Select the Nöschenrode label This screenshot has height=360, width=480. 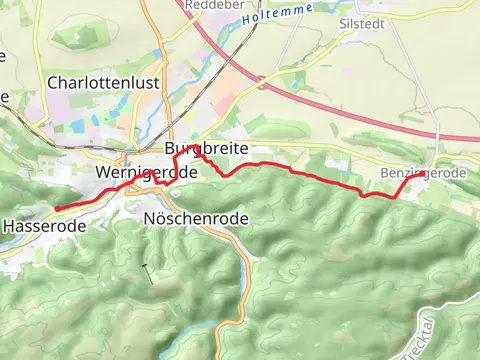click(x=196, y=218)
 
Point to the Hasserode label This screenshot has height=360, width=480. click(x=43, y=227)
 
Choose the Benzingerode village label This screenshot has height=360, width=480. click(x=423, y=174)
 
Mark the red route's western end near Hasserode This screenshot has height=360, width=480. click(x=56, y=208)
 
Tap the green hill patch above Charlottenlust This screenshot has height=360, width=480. click(x=75, y=37)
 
